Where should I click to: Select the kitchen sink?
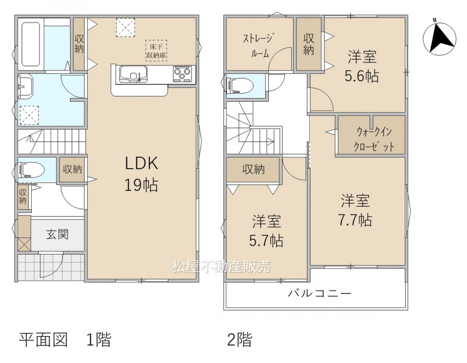(133, 74)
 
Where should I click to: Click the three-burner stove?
(182, 74)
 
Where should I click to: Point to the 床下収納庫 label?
(156, 51)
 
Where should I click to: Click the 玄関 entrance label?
(57, 235)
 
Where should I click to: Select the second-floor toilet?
(240, 86)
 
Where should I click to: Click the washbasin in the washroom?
(27, 87)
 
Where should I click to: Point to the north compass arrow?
(439, 39)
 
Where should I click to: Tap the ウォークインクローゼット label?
(374, 139)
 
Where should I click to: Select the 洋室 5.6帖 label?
(362, 66)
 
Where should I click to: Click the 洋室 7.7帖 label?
(355, 210)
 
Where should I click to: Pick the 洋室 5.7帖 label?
(266, 230)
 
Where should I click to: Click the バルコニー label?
(319, 294)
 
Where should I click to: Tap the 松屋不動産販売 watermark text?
(221, 266)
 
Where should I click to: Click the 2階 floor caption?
(240, 340)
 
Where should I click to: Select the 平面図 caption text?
(43, 340)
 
